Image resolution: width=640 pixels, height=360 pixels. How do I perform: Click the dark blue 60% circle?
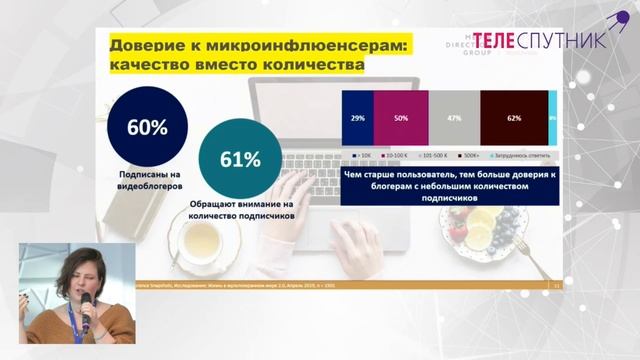pyautogui.click(x=147, y=128)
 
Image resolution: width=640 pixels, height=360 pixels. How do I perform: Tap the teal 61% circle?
pyautogui.click(x=237, y=158)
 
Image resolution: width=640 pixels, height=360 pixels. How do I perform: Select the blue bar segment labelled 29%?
pyautogui.click(x=357, y=119)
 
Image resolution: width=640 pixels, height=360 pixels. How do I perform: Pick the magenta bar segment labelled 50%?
pyautogui.click(x=400, y=119)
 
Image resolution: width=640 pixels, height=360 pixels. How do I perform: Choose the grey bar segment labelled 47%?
pyautogui.click(x=454, y=119)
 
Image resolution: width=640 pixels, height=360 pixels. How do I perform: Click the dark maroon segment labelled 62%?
pyautogui.click(x=514, y=119)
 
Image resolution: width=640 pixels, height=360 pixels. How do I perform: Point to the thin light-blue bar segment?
pyautogui.click(x=552, y=119)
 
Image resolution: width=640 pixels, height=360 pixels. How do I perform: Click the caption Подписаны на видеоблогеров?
pyautogui.click(x=147, y=180)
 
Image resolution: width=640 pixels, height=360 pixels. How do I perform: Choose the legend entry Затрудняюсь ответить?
pyautogui.click(x=523, y=156)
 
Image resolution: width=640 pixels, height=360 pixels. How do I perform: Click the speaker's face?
pyautogui.click(x=79, y=273)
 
